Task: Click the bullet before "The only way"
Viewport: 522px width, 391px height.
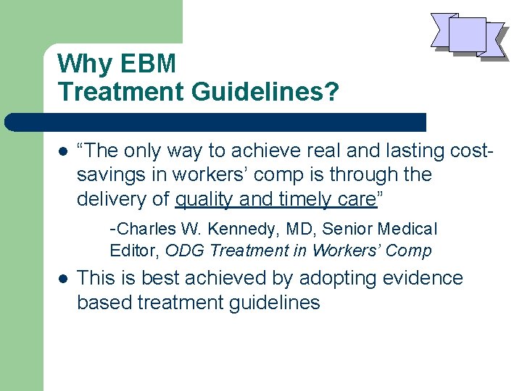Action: pos(63,151)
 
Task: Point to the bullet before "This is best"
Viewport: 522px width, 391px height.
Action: pos(63,279)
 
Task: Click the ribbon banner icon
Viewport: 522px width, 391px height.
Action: pos(468,35)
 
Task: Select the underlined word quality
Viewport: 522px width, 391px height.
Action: pos(205,198)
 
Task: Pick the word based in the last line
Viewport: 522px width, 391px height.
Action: pos(103,302)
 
